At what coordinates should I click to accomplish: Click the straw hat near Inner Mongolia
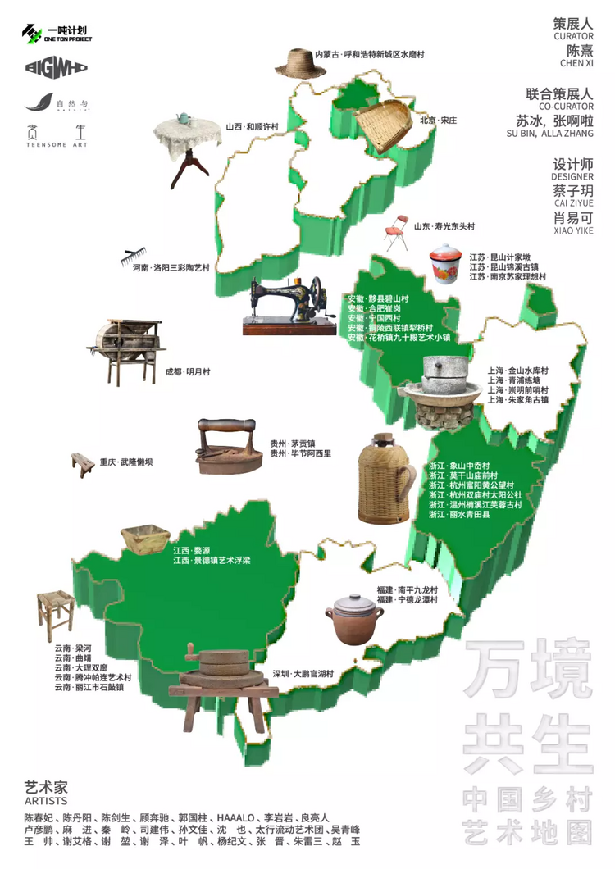pyautogui.click(x=293, y=61)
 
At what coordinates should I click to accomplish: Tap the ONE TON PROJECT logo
pyautogui.click(x=57, y=33)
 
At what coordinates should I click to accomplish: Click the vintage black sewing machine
pyautogui.click(x=289, y=305)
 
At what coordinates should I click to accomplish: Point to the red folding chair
pyautogui.click(x=396, y=232)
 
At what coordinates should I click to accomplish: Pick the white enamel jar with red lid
pyautogui.click(x=446, y=264)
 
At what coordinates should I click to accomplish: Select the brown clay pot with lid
pyautogui.click(x=354, y=619)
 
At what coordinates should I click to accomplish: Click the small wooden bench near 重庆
pyautogui.click(x=82, y=464)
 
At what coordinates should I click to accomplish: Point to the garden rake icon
pyautogui.click(x=138, y=260)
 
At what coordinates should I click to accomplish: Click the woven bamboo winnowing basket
pyautogui.click(x=385, y=126)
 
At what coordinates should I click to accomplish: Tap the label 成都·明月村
pyautogui.click(x=188, y=371)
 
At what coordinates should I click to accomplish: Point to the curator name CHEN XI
pyautogui.click(x=577, y=62)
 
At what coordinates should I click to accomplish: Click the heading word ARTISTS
pyautogui.click(x=46, y=800)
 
